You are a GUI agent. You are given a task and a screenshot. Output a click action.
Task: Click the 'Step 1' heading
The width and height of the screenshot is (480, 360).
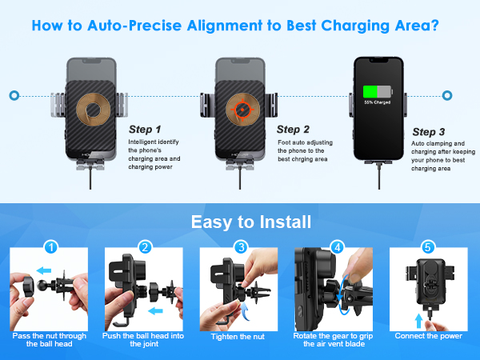[145, 129]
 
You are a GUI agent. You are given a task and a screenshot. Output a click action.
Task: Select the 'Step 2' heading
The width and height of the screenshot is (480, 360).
[293, 129]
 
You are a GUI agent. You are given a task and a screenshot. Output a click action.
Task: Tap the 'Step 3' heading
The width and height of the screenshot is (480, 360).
[428, 131]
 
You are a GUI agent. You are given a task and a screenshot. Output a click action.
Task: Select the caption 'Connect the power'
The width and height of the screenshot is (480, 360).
[429, 336]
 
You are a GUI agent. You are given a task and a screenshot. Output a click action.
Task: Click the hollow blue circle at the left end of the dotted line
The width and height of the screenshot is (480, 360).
[14, 95]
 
